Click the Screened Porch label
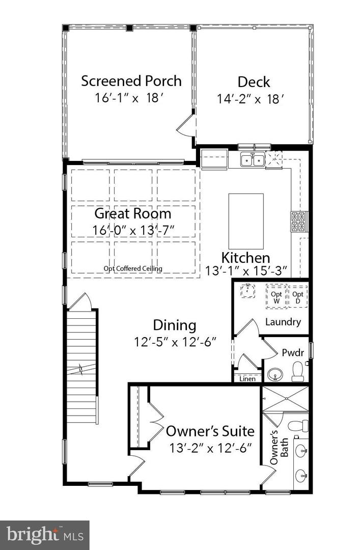click(x=131, y=81)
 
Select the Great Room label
click(x=133, y=213)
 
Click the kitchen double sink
click(x=252, y=160)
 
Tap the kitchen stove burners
click(x=298, y=222)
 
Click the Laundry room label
click(x=283, y=322)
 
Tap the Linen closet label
click(x=247, y=379)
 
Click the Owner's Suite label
click(x=210, y=431)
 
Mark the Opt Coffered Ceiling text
click(x=132, y=268)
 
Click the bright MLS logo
click(x=44, y=535)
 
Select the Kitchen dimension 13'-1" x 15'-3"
click(x=246, y=270)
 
